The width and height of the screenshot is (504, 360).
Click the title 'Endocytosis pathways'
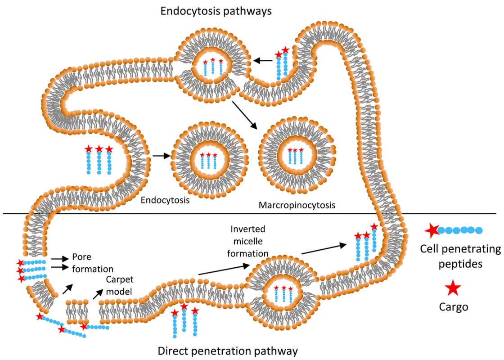[x=216, y=12]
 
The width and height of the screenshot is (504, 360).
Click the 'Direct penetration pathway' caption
[x=228, y=351]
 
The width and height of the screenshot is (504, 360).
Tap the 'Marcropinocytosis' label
[x=297, y=205]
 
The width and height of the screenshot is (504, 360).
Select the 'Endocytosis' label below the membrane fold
[x=165, y=200]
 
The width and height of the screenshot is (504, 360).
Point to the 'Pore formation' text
[x=93, y=263]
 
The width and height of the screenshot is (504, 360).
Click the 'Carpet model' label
[x=120, y=285]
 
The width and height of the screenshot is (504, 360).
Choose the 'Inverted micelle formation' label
[x=248, y=241]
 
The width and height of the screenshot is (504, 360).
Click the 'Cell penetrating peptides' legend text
[x=460, y=256]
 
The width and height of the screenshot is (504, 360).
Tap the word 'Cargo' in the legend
[x=454, y=307]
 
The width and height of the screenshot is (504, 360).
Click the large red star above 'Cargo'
[x=453, y=288]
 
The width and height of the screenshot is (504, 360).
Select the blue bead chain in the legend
[x=460, y=230]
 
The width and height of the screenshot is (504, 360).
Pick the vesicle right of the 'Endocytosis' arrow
[x=209, y=160]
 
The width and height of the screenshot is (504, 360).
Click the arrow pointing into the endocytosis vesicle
[x=162, y=156]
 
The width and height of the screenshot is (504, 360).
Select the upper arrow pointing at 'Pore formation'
[x=60, y=258]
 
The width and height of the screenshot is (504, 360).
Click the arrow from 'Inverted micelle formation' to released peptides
[x=324, y=249]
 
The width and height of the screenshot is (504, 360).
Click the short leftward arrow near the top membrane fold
[x=262, y=60]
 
